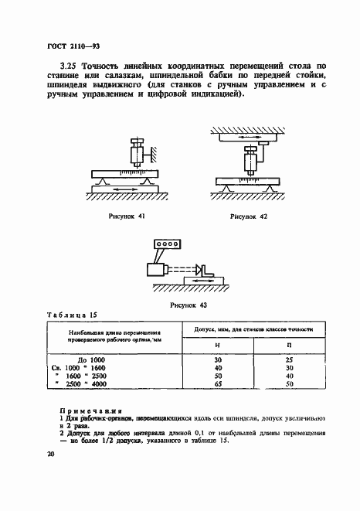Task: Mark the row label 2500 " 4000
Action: pyautogui.click(x=100, y=384)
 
